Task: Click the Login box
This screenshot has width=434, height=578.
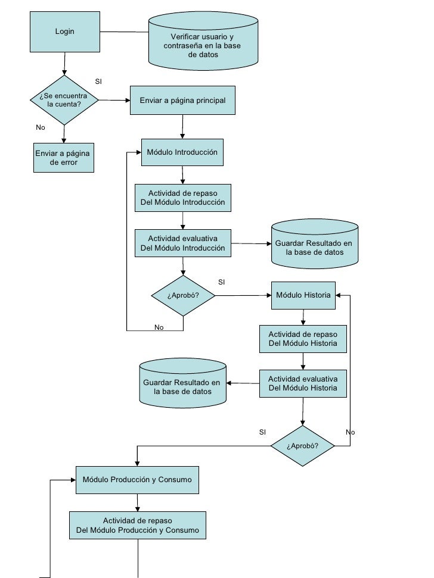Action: [x=65, y=32]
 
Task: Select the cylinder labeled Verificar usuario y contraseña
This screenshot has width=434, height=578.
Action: [x=203, y=41]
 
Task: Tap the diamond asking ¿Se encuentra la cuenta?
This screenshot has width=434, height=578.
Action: [x=64, y=100]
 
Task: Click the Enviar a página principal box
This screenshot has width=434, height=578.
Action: [x=182, y=100]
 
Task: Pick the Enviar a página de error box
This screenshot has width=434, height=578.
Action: [x=64, y=158]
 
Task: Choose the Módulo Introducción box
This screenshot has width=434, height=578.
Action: [x=182, y=152]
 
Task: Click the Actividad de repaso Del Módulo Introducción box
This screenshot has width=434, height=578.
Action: [x=182, y=198]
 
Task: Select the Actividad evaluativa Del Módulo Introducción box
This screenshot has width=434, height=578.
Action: [x=182, y=243]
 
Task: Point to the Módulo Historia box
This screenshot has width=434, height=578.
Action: [x=303, y=295]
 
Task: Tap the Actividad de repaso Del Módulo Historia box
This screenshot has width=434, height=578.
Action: [x=303, y=339]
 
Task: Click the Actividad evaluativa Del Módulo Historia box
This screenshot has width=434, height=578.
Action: [x=303, y=383]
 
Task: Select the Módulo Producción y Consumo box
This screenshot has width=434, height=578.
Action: [x=137, y=480]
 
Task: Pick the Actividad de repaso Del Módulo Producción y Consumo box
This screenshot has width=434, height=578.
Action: [x=138, y=525]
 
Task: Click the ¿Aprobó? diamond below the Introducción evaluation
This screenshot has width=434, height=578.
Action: [x=183, y=296]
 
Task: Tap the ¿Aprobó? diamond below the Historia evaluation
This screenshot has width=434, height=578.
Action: [x=303, y=446]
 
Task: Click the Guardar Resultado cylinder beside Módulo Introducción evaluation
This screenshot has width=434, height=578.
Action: [x=315, y=244]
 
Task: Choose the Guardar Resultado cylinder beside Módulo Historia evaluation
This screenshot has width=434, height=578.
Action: [x=182, y=383]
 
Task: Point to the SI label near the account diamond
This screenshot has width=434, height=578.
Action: [x=98, y=82]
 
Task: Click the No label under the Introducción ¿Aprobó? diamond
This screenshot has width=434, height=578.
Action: [x=159, y=327]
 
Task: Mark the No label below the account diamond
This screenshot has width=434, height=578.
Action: [x=40, y=127]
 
